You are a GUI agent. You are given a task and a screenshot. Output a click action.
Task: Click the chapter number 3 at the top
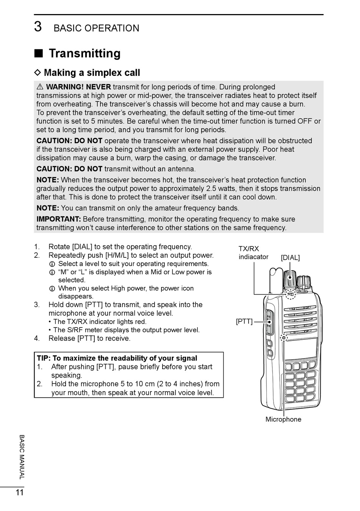[x=38, y=27]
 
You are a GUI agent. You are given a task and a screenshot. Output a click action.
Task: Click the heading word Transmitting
[x=85, y=53]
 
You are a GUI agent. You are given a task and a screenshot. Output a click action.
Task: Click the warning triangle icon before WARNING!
[x=40, y=87]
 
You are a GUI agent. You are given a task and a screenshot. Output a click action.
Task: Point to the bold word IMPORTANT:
[x=59, y=219]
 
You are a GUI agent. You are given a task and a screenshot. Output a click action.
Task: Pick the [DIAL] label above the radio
[x=290, y=258]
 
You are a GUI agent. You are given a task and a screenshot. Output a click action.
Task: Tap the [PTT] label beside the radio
[x=244, y=321]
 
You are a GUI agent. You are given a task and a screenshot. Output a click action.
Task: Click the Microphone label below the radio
[x=283, y=419]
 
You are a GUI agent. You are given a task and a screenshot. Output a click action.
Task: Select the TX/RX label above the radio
[x=249, y=249]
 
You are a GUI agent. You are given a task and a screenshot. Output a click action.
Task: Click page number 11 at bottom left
[x=20, y=492]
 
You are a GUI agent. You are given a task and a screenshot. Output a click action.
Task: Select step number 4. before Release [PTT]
[x=37, y=339]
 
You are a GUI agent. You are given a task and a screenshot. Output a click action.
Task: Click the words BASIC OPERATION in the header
[x=96, y=28]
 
